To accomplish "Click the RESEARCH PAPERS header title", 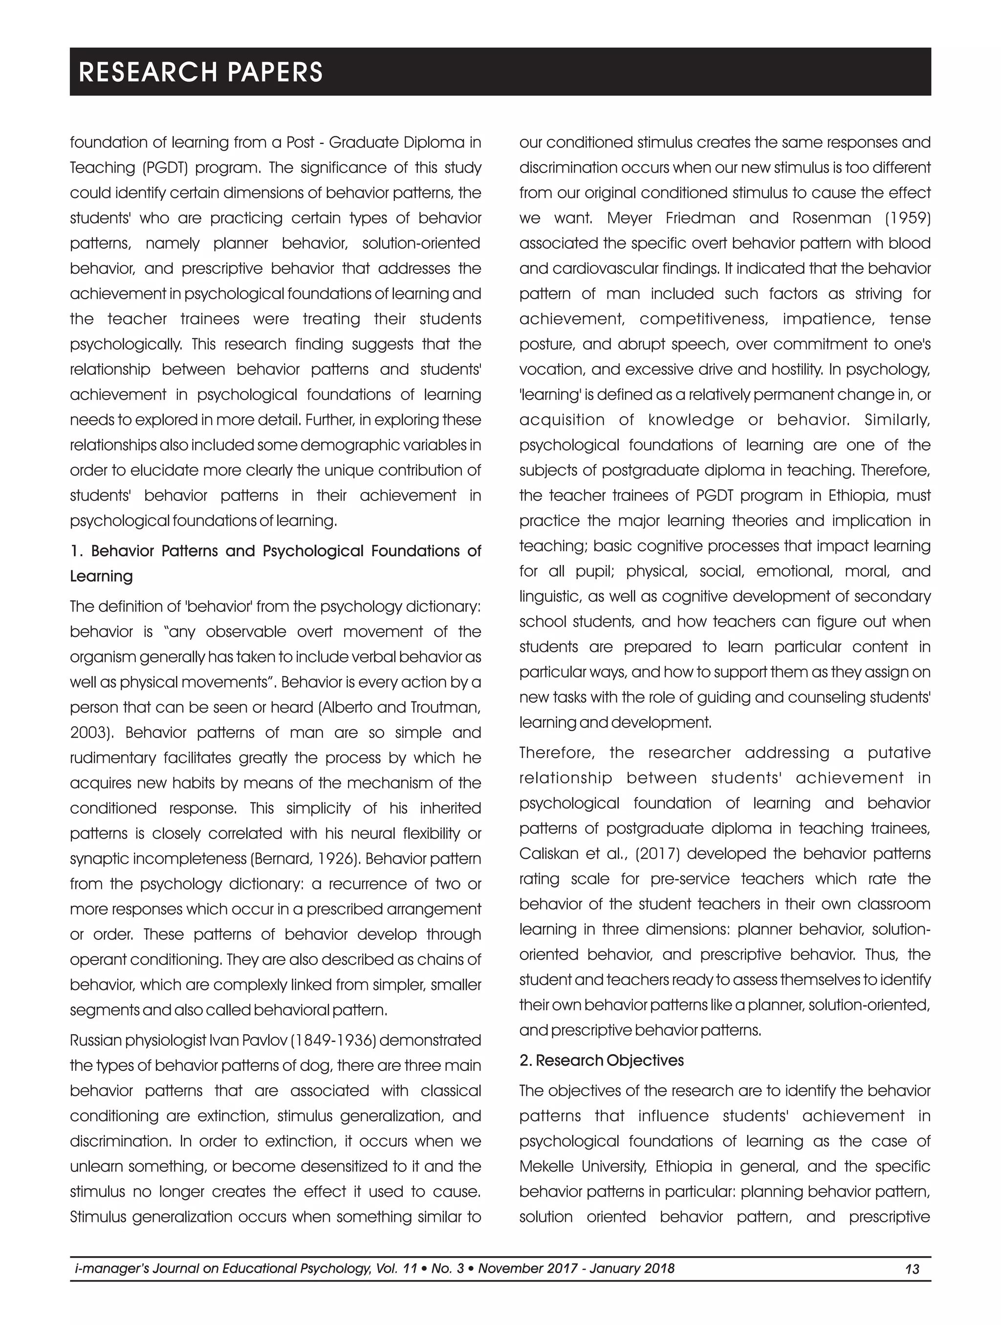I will (x=201, y=72).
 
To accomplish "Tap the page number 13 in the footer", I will (x=912, y=1269).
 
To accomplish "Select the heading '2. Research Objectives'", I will (x=601, y=1060).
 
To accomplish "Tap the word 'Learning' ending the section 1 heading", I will (x=101, y=576).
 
